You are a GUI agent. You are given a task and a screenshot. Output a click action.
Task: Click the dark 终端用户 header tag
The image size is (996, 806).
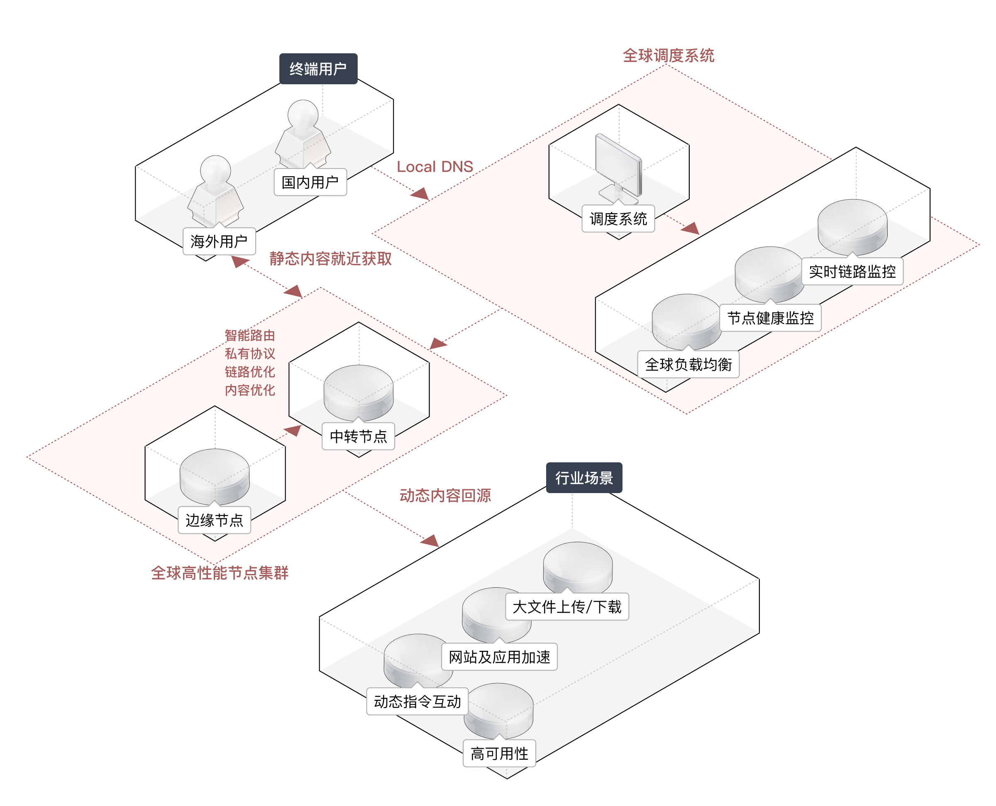click(x=318, y=69)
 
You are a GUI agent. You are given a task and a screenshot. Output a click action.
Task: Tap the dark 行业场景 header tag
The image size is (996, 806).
click(x=583, y=477)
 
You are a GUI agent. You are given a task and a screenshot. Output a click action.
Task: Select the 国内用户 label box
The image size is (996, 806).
click(x=310, y=182)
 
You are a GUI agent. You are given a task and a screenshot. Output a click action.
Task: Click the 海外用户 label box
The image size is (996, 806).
click(x=219, y=241)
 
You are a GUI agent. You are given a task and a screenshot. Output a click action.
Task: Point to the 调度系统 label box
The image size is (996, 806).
click(x=618, y=218)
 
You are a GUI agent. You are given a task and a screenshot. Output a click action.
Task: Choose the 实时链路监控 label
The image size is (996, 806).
click(x=852, y=271)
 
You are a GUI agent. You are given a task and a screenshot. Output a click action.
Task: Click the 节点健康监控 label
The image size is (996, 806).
click(x=770, y=318)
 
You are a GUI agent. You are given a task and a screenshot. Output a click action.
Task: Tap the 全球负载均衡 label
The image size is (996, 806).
click(x=688, y=364)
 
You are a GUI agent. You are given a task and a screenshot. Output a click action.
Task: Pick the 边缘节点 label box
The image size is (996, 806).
click(x=214, y=520)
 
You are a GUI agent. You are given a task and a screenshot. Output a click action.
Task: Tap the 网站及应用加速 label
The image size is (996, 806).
click(x=499, y=657)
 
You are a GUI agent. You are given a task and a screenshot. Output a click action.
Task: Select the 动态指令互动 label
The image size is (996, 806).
click(x=417, y=701)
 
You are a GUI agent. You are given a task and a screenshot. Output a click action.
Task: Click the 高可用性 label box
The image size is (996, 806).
click(x=499, y=753)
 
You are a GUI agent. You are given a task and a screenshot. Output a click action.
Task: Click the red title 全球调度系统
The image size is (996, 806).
click(x=668, y=56)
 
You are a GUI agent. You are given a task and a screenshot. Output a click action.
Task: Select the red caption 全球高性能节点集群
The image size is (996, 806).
click(x=220, y=572)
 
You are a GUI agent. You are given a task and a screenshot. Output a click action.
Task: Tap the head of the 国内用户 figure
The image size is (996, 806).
click(x=303, y=114)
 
